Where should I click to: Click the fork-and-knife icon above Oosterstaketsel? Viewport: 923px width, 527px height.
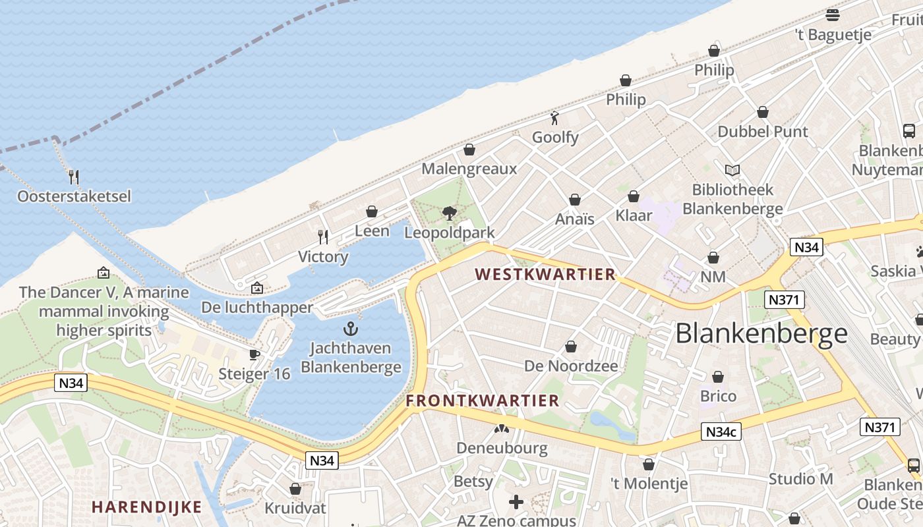(x=74, y=177)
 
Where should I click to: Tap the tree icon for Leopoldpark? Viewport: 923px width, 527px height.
(x=450, y=213)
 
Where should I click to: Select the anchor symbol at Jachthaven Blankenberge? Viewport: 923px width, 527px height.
(x=351, y=328)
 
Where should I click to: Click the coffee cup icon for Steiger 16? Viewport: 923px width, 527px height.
(x=254, y=354)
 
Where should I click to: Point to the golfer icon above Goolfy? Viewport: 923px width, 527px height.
(x=555, y=118)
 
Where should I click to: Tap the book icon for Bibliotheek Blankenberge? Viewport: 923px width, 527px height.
(x=732, y=170)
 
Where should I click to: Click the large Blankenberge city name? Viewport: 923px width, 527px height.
(x=761, y=333)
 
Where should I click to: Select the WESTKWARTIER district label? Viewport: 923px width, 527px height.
(x=545, y=274)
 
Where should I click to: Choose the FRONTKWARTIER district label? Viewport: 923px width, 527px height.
(x=483, y=401)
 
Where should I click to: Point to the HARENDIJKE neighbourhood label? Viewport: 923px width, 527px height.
(x=146, y=507)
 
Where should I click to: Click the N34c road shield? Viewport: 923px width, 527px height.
(x=721, y=432)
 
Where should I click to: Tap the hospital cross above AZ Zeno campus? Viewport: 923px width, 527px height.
(x=516, y=502)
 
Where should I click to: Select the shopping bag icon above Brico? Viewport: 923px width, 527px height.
(x=718, y=377)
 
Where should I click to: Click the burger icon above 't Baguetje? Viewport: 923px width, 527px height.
(x=833, y=15)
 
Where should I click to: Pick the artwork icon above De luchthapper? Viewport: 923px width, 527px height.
(x=256, y=288)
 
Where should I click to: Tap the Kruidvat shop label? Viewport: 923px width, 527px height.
(x=295, y=509)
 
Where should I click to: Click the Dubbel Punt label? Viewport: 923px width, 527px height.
(x=763, y=132)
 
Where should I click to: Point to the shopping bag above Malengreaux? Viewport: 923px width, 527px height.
(x=469, y=150)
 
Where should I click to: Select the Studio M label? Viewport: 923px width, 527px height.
(x=800, y=479)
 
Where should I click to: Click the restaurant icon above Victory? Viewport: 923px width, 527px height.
(x=323, y=236)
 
